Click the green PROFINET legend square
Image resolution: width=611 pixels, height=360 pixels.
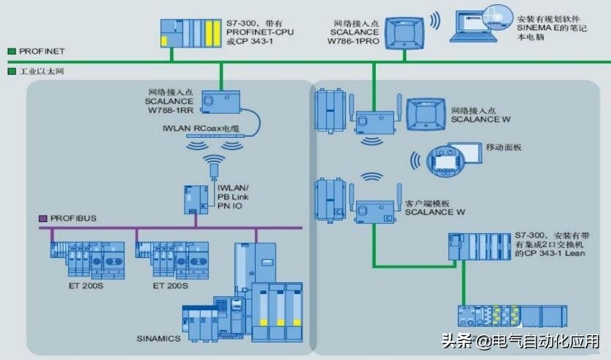(x=12, y=51)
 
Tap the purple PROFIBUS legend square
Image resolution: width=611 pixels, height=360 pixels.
(x=43, y=218)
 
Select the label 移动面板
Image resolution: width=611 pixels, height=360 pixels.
(x=503, y=147)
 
